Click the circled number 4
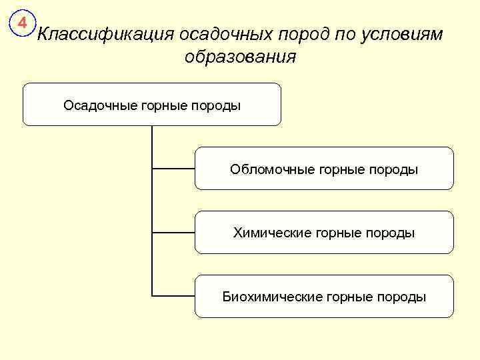[x=22, y=25]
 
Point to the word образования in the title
[x=240, y=57]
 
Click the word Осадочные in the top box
[x=100, y=105]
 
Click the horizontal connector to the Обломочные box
[x=173, y=169]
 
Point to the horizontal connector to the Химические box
[x=173, y=232]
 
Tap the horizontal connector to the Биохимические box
[x=173, y=295]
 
